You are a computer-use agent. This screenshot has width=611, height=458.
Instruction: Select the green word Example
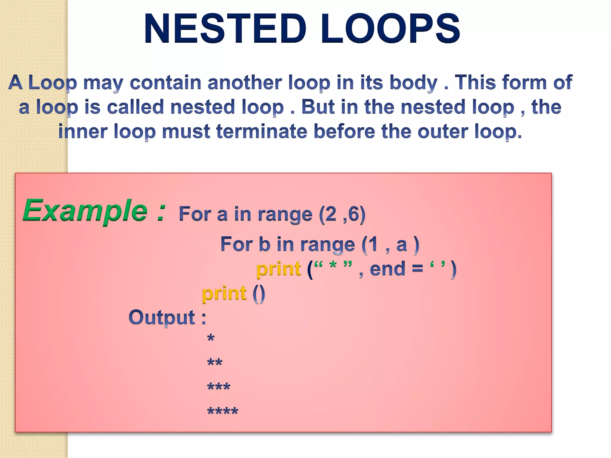pyautogui.click(x=85, y=211)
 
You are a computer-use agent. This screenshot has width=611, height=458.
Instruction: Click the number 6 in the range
pyautogui.click(x=353, y=214)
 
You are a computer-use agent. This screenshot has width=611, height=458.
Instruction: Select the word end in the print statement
pyautogui.click(x=387, y=269)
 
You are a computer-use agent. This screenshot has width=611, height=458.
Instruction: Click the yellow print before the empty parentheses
pyautogui.click(x=224, y=293)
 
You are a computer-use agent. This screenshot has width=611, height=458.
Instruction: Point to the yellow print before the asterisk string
pyautogui.click(x=279, y=269)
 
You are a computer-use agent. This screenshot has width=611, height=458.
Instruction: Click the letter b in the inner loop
pyautogui.click(x=264, y=244)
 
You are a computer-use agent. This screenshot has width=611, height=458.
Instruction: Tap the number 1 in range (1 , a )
pyautogui.click(x=373, y=244)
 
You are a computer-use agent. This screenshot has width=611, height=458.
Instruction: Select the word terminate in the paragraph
pyautogui.click(x=262, y=131)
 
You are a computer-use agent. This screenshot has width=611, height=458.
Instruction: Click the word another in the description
pyautogui.click(x=244, y=83)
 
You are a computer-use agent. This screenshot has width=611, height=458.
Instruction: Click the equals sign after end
pyautogui.click(x=417, y=269)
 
